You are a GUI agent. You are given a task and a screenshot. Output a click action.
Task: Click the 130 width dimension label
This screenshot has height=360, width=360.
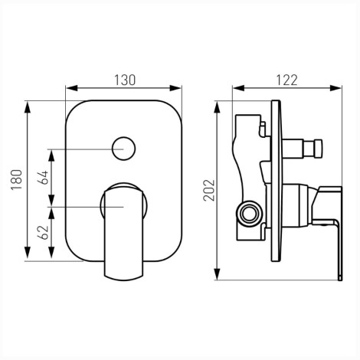pyautogui.click(x=125, y=80)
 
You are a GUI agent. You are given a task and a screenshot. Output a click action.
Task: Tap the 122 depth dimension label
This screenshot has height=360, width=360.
pyautogui.click(x=286, y=80)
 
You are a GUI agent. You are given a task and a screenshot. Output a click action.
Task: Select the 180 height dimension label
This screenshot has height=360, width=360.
pyautogui.click(x=17, y=179)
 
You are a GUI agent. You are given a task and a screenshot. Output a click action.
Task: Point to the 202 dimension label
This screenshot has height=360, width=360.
pyautogui.click(x=209, y=191)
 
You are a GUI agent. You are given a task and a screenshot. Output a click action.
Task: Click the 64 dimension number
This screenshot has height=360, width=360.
pyautogui.click(x=43, y=178)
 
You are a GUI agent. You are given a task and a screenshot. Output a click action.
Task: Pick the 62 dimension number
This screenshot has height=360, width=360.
pyautogui.click(x=43, y=232)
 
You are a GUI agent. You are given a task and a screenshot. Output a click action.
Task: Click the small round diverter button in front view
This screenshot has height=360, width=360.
pyautogui.click(x=124, y=149)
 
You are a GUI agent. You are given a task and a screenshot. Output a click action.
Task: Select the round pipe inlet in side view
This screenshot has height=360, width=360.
pyautogui.click(x=249, y=214)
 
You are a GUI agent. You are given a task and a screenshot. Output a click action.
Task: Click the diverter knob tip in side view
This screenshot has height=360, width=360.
pyautogui.click(x=319, y=149)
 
